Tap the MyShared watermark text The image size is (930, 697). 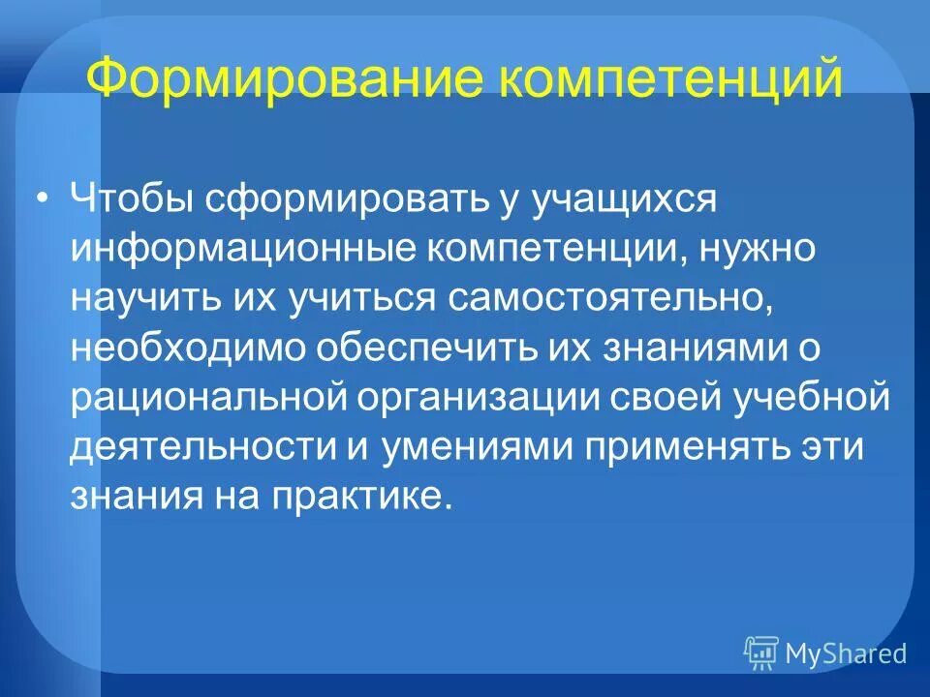pos(846,653)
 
